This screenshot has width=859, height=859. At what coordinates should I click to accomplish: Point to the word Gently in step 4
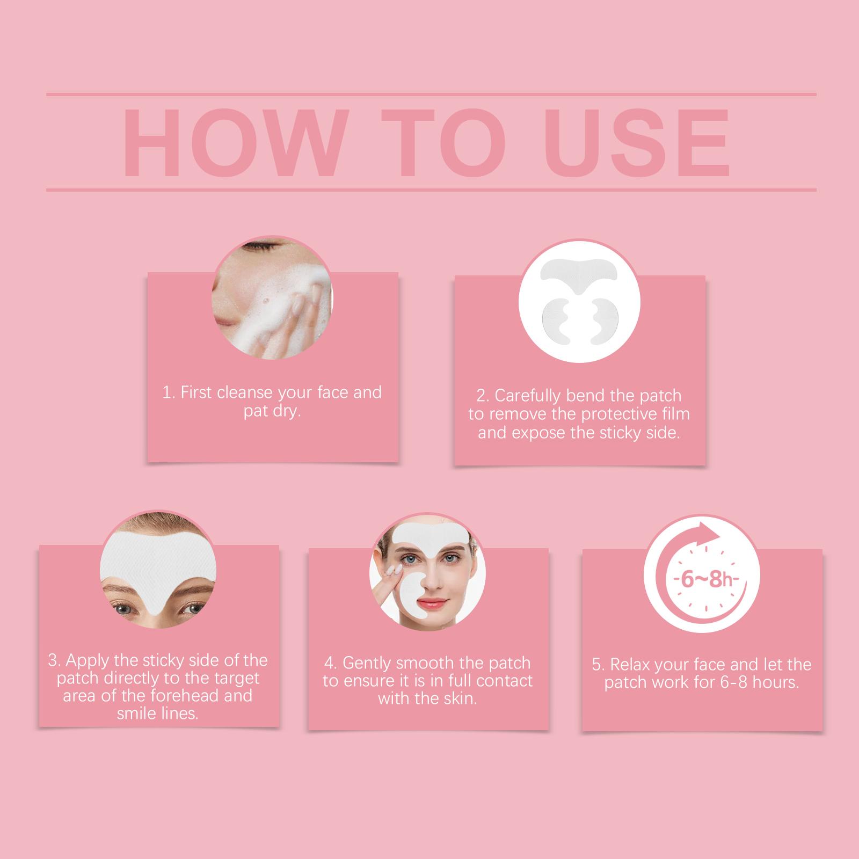(x=367, y=664)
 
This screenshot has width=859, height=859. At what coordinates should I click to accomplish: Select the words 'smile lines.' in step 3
(x=158, y=714)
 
